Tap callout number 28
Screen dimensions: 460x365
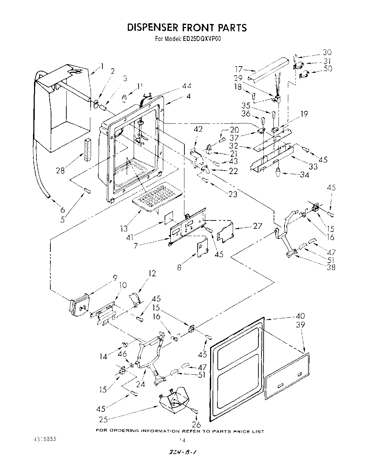(60, 171)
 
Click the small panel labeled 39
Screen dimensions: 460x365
(287, 375)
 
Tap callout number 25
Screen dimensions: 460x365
(103, 419)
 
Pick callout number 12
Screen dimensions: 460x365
(152, 273)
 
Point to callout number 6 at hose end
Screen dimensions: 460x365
(63, 209)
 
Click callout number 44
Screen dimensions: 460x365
(187, 86)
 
